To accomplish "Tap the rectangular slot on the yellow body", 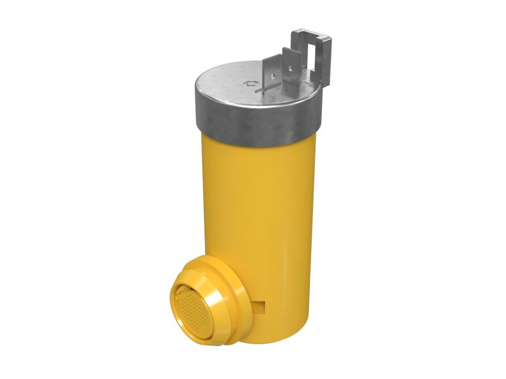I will (x=261, y=305).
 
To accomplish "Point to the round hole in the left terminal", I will (x=273, y=76).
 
